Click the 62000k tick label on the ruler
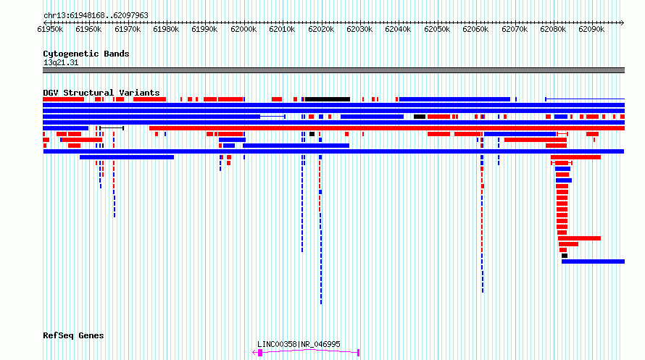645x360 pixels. coord(244,29)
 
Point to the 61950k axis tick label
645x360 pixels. coord(50,29)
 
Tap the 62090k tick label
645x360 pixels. coord(591,29)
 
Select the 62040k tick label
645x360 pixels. coord(398,29)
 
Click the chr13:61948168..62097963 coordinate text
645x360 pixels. coord(96,16)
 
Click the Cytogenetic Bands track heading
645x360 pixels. coord(86,54)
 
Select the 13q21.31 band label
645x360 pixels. coord(61,63)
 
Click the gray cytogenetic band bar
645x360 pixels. coord(333,70)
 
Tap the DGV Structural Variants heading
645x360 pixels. coord(101,93)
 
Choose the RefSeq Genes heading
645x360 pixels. coord(73,336)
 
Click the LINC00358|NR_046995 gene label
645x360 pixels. coord(299,344)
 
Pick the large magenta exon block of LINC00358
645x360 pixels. coord(260,353)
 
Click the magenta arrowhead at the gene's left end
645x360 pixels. coord(254,353)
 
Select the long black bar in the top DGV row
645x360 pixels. coord(328,99)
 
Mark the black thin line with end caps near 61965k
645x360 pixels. coord(112,128)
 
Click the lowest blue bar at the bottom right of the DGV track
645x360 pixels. coord(593,261)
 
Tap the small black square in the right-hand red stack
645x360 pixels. coord(565,256)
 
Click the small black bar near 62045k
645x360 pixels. coord(420,117)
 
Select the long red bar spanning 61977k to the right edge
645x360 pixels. coord(387,128)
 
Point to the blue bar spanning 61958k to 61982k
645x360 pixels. coord(127,157)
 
